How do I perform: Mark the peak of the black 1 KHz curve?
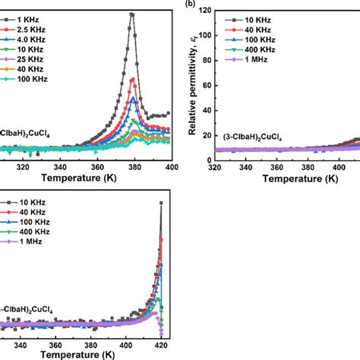(x=132, y=14)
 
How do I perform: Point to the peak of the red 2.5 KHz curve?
(x=134, y=79)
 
